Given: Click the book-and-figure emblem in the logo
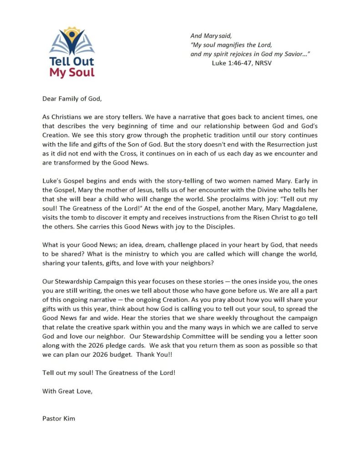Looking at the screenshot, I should pyautogui.click(x=72, y=42).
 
